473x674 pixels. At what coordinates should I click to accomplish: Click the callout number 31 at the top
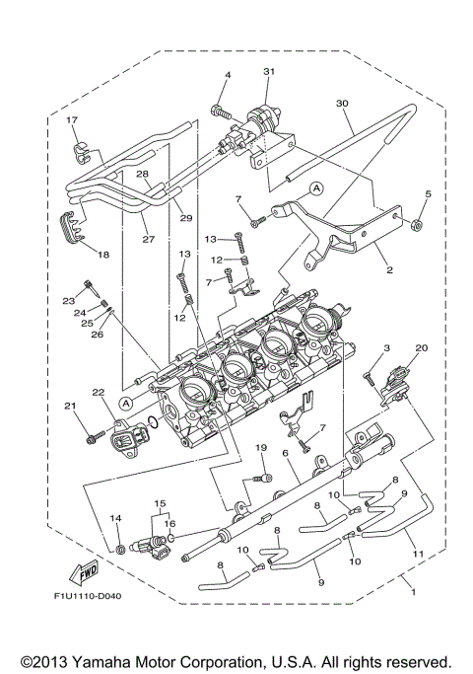click(270, 73)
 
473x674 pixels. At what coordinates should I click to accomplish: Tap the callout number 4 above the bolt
click(227, 76)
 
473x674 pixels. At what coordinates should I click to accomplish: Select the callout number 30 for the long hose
click(342, 103)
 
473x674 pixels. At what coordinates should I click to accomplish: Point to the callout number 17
click(71, 120)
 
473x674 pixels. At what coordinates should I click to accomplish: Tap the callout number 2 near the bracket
click(389, 268)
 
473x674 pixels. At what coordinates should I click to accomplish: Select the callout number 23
click(69, 300)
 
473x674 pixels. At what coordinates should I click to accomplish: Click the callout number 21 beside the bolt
click(69, 406)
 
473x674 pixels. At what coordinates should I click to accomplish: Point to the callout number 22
click(97, 394)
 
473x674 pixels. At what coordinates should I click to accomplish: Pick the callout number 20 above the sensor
click(421, 347)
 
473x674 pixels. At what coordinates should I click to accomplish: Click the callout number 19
click(262, 448)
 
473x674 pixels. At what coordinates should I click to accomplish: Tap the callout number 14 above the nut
click(115, 518)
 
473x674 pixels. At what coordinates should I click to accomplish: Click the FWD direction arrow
click(84, 572)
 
